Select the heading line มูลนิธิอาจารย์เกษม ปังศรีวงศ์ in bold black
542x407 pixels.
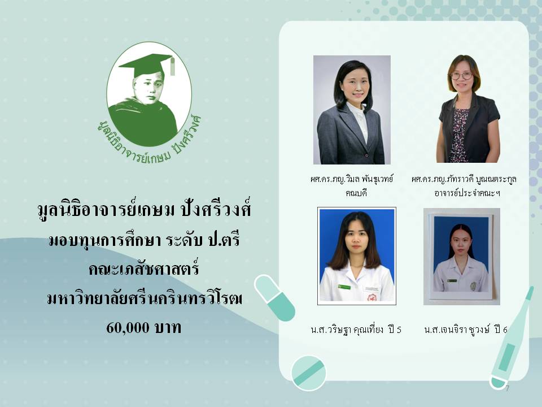point(144,209)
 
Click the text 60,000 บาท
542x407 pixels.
point(144,327)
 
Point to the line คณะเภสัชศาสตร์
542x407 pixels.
point(144,268)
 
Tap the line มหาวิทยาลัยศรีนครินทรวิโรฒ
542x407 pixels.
point(145,298)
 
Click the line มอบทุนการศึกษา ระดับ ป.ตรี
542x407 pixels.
point(144,239)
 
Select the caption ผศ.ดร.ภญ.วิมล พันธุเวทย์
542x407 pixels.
point(352,179)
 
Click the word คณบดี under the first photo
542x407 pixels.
point(356,192)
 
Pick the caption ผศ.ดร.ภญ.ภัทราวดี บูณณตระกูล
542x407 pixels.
point(464,179)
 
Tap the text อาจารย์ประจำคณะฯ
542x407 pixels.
point(467,192)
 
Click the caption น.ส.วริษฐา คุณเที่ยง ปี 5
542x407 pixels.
point(356,329)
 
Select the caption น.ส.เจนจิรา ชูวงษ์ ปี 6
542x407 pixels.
point(466,329)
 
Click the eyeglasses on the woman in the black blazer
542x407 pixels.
point(461,75)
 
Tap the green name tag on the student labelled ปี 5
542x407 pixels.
point(344,287)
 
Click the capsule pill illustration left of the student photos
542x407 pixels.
point(274,298)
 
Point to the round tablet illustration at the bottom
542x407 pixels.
point(308,373)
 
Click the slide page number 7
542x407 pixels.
point(507,388)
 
